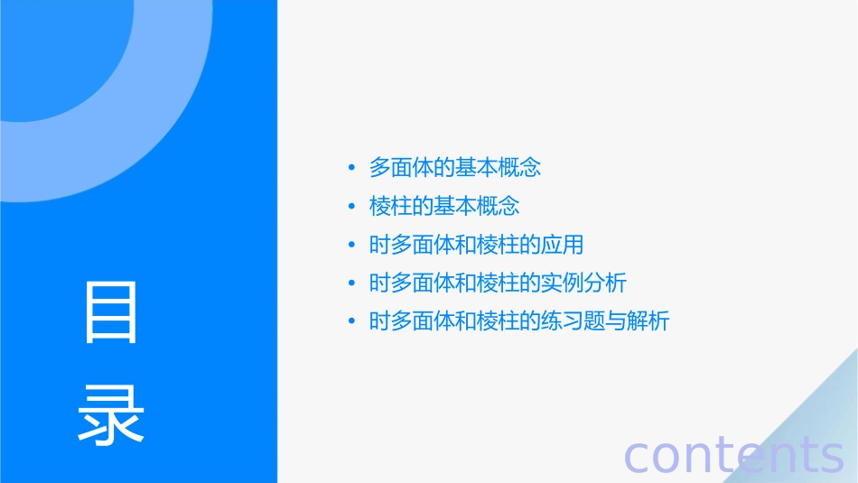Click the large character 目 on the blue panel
click(111, 312)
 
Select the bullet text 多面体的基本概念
click(454, 167)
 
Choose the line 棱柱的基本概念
click(444, 206)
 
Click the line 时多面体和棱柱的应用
click(476, 245)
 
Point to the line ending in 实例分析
click(498, 283)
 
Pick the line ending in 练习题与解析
click(519, 321)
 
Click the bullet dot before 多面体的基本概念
click(352, 168)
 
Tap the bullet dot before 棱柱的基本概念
click(352, 207)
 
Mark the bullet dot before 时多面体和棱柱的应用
click(352, 245)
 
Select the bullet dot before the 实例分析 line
click(352, 283)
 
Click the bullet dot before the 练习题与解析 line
click(352, 321)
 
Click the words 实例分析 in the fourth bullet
click(583, 283)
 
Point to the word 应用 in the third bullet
click(562, 245)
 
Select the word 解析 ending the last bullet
click(648, 321)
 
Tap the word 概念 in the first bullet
click(519, 167)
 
